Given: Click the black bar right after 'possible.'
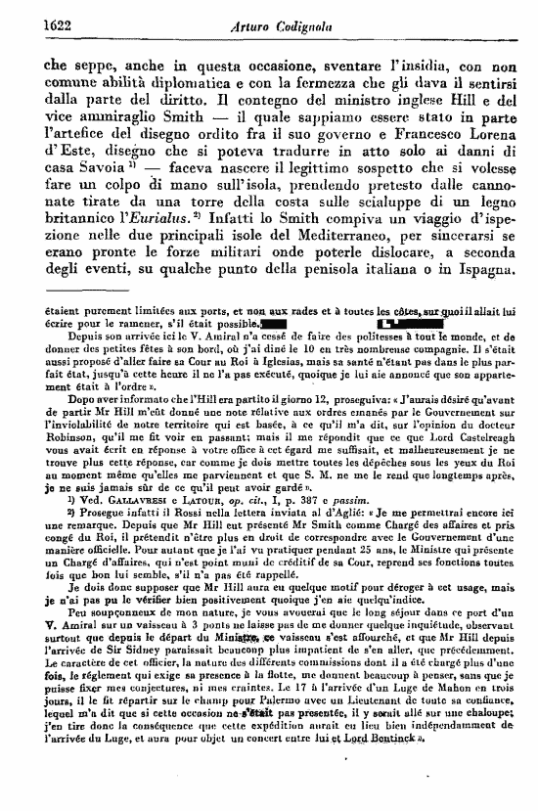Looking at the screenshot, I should (274, 321).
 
